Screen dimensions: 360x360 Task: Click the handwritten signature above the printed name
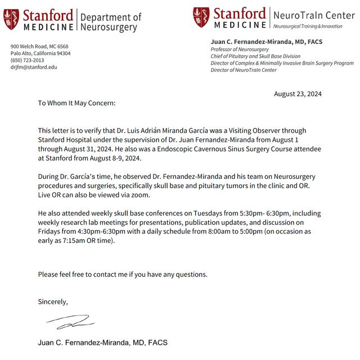click(x=70, y=322)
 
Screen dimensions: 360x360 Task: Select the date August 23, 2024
click(x=298, y=93)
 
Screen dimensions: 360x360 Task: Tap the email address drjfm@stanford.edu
click(x=34, y=67)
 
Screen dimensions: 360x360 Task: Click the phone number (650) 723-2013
click(x=27, y=60)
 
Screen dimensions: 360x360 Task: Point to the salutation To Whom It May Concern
click(x=76, y=103)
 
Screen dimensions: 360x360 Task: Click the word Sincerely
click(x=53, y=301)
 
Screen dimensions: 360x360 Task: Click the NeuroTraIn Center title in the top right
click(x=314, y=15)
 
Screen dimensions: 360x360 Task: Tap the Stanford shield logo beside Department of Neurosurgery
click(x=11, y=19)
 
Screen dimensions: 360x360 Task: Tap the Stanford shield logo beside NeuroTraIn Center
click(x=201, y=17)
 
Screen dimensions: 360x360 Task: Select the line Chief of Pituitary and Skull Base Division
click(x=255, y=56)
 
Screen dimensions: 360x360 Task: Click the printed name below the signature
click(x=102, y=343)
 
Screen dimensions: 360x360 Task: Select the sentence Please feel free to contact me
click(x=123, y=274)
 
